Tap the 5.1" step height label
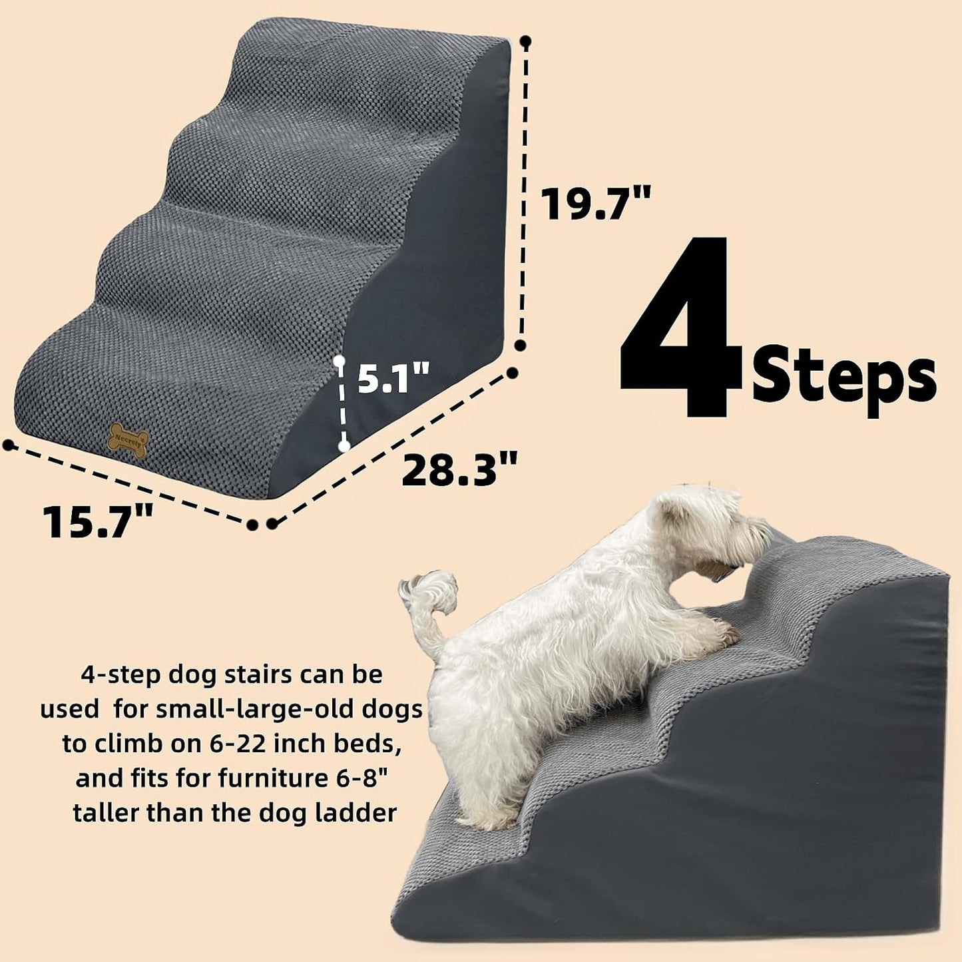[393, 378]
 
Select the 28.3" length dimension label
[459, 469]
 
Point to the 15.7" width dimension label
[99, 521]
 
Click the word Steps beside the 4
[843, 377]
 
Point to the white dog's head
[712, 526]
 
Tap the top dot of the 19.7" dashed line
[526, 42]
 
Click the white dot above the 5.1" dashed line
[340, 360]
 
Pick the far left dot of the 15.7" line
[8, 445]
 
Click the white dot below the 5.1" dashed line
[344, 446]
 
